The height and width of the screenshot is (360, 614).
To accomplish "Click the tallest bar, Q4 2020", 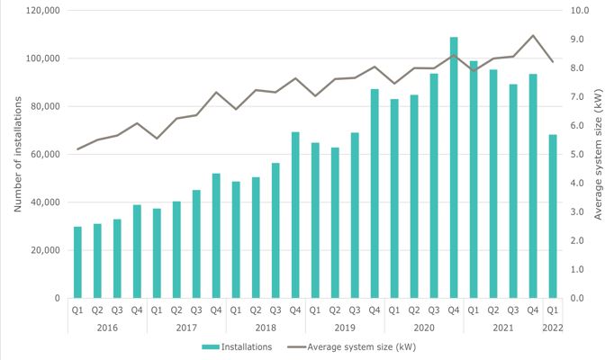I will [x=454, y=167].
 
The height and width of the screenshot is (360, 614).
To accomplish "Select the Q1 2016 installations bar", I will [x=77, y=262].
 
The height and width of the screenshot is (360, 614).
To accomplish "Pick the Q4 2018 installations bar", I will [x=295, y=215].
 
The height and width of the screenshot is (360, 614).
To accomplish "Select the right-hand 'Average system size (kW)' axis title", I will [x=599, y=153].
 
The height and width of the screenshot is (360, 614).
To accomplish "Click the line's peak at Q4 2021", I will [x=533, y=36].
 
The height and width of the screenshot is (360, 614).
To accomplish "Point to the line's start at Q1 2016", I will [x=77, y=148].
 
